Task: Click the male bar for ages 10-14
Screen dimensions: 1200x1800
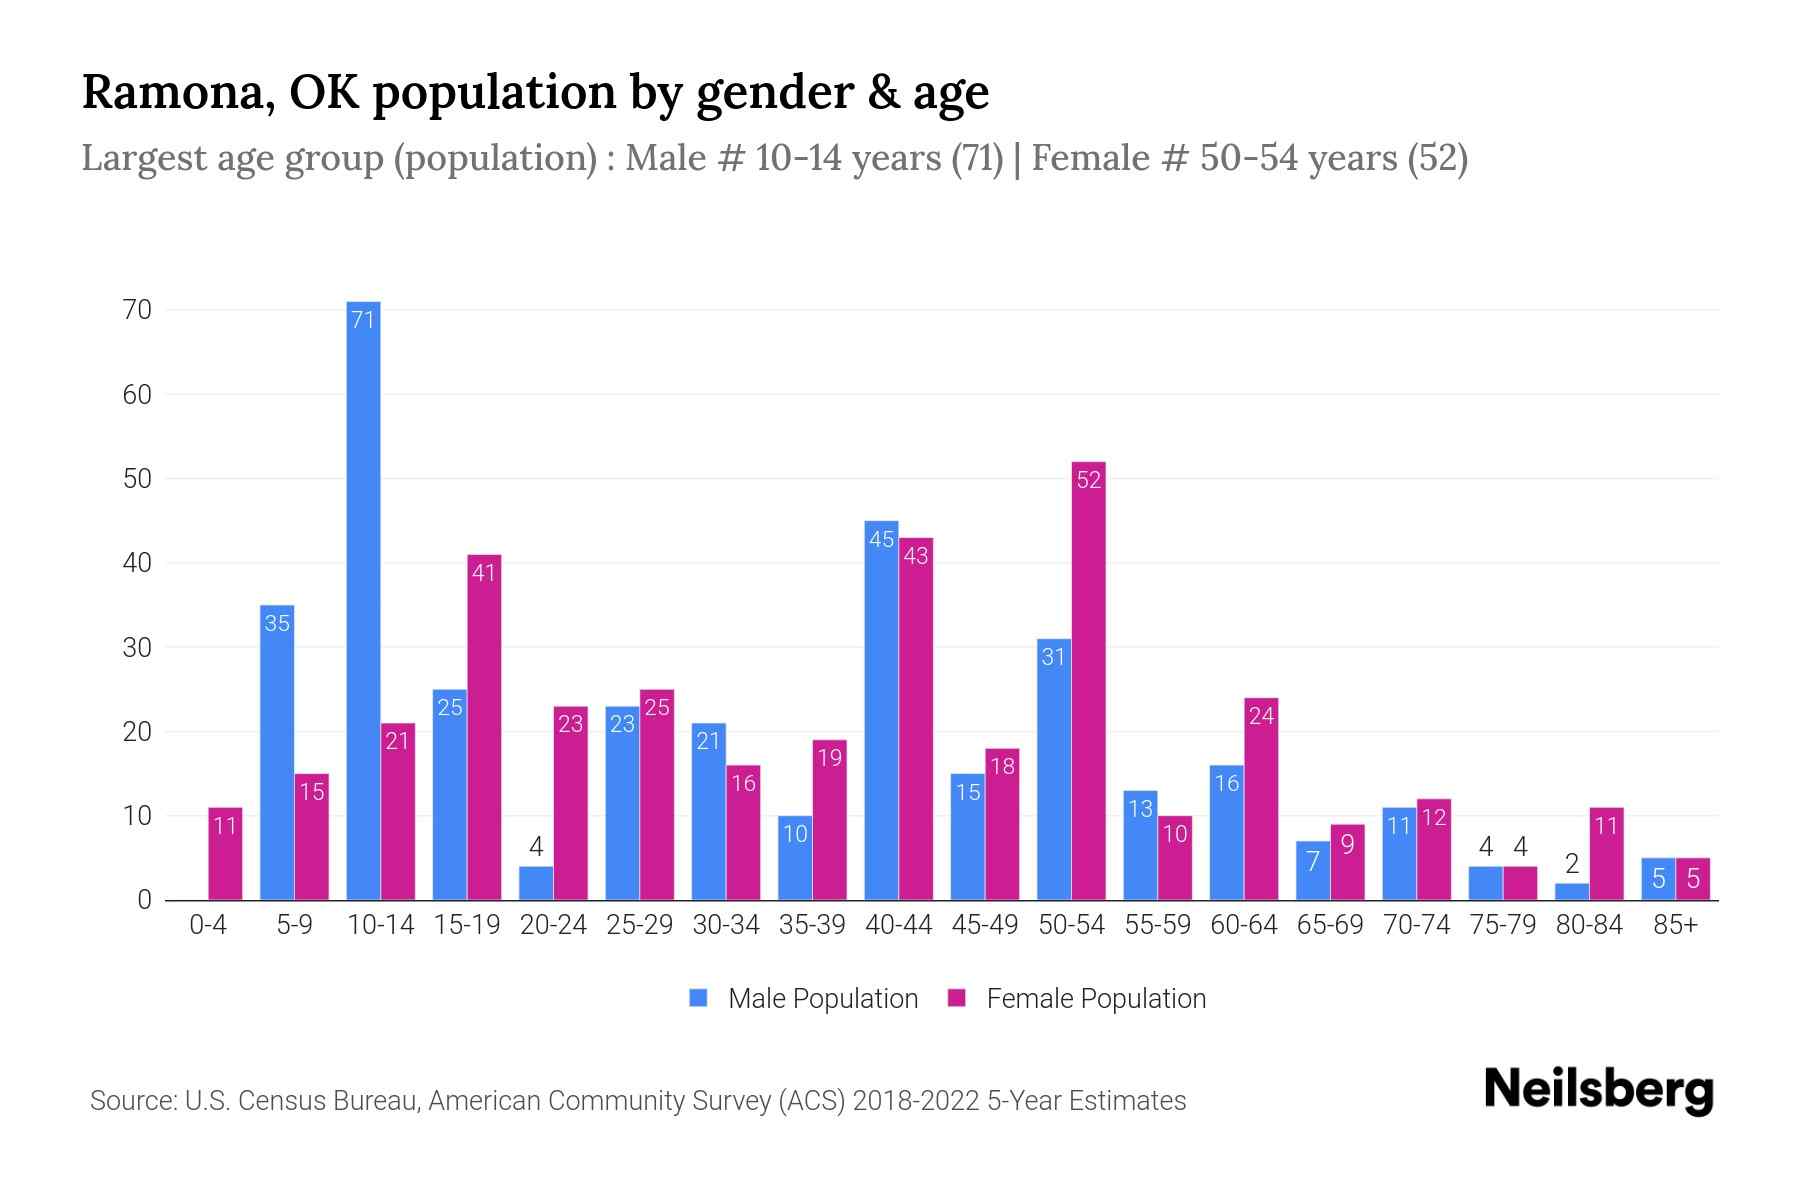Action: [363, 600]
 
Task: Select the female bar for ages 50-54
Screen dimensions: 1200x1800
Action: [1088, 680]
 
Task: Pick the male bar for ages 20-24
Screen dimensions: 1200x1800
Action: [536, 883]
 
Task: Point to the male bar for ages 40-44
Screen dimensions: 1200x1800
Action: [881, 710]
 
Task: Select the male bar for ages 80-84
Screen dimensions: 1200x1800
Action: [1572, 891]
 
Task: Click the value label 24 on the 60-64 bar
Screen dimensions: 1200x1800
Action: [1261, 716]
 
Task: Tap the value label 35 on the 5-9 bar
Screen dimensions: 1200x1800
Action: [277, 623]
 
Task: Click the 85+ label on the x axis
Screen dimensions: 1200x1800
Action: [1675, 926]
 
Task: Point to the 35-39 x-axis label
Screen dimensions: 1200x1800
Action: [812, 926]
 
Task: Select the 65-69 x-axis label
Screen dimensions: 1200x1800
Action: [1330, 926]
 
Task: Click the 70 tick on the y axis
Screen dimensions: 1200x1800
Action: [137, 310]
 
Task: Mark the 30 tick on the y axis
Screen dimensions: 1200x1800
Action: [137, 647]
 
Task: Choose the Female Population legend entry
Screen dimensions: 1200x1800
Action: [1077, 998]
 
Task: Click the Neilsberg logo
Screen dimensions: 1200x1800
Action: [1599, 1090]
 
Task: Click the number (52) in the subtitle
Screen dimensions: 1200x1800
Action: [1437, 158]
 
